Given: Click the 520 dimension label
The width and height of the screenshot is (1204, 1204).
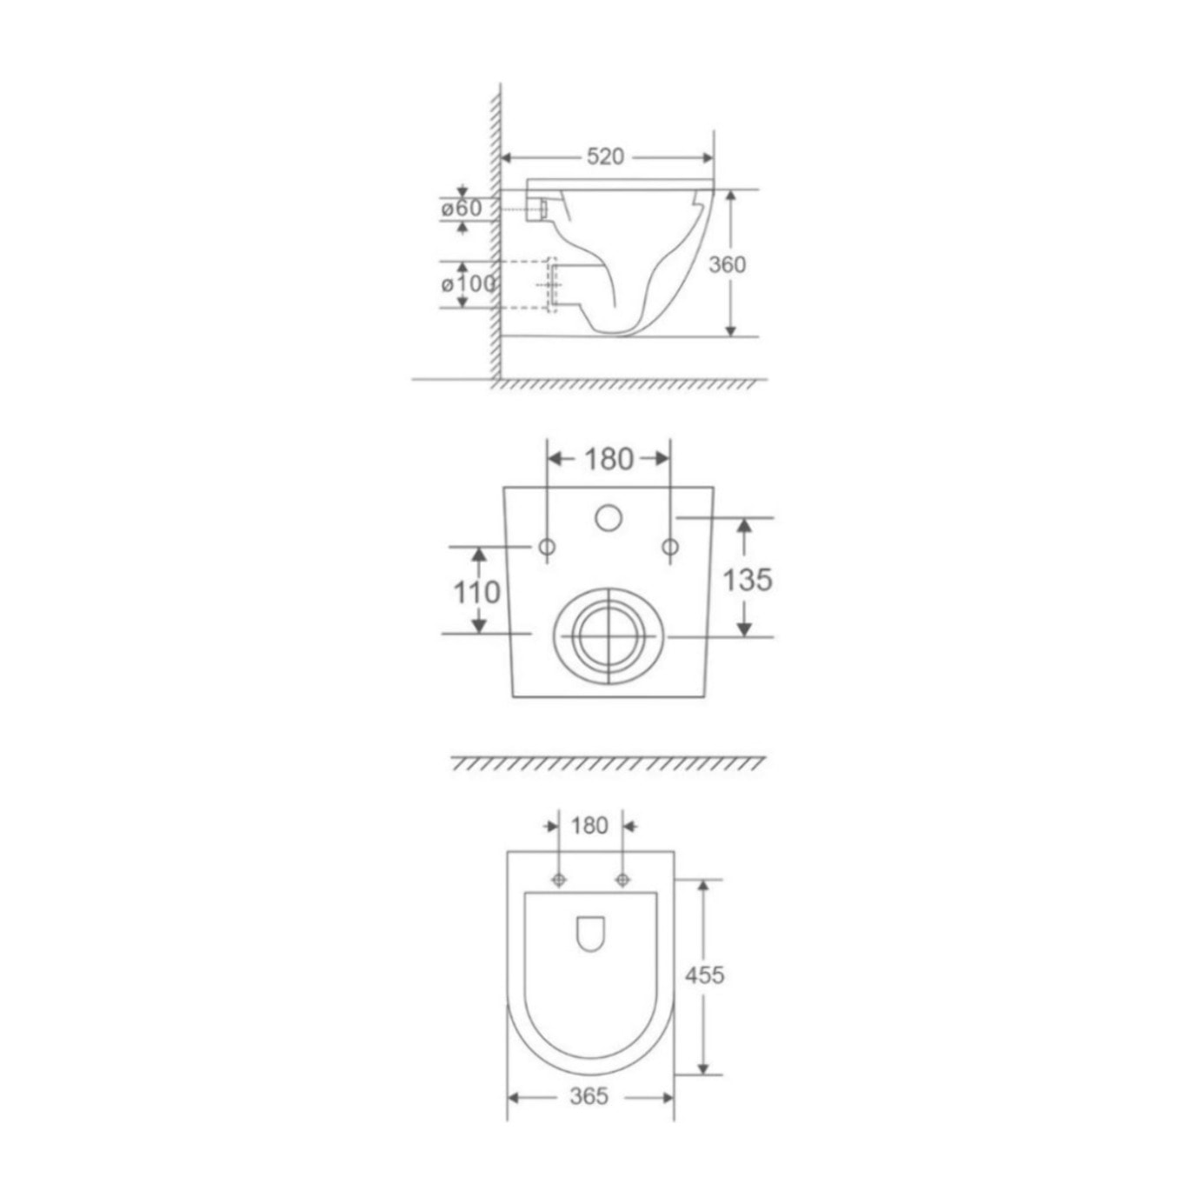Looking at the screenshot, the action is tap(605, 156).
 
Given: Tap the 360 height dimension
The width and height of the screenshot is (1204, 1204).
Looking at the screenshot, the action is tap(727, 265).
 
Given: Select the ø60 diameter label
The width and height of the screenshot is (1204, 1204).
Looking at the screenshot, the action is tap(462, 209).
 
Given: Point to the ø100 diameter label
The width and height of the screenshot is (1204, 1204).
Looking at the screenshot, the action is tap(469, 284).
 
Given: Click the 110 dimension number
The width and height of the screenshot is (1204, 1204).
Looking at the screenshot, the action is tap(476, 592).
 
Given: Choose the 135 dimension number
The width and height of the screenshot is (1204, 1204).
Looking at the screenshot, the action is tap(748, 580).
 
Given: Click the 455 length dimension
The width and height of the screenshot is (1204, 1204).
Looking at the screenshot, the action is tap(704, 975).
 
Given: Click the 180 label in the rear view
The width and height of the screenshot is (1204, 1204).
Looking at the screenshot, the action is tap(609, 459).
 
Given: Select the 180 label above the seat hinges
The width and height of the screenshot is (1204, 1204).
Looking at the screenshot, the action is tap(589, 826).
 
